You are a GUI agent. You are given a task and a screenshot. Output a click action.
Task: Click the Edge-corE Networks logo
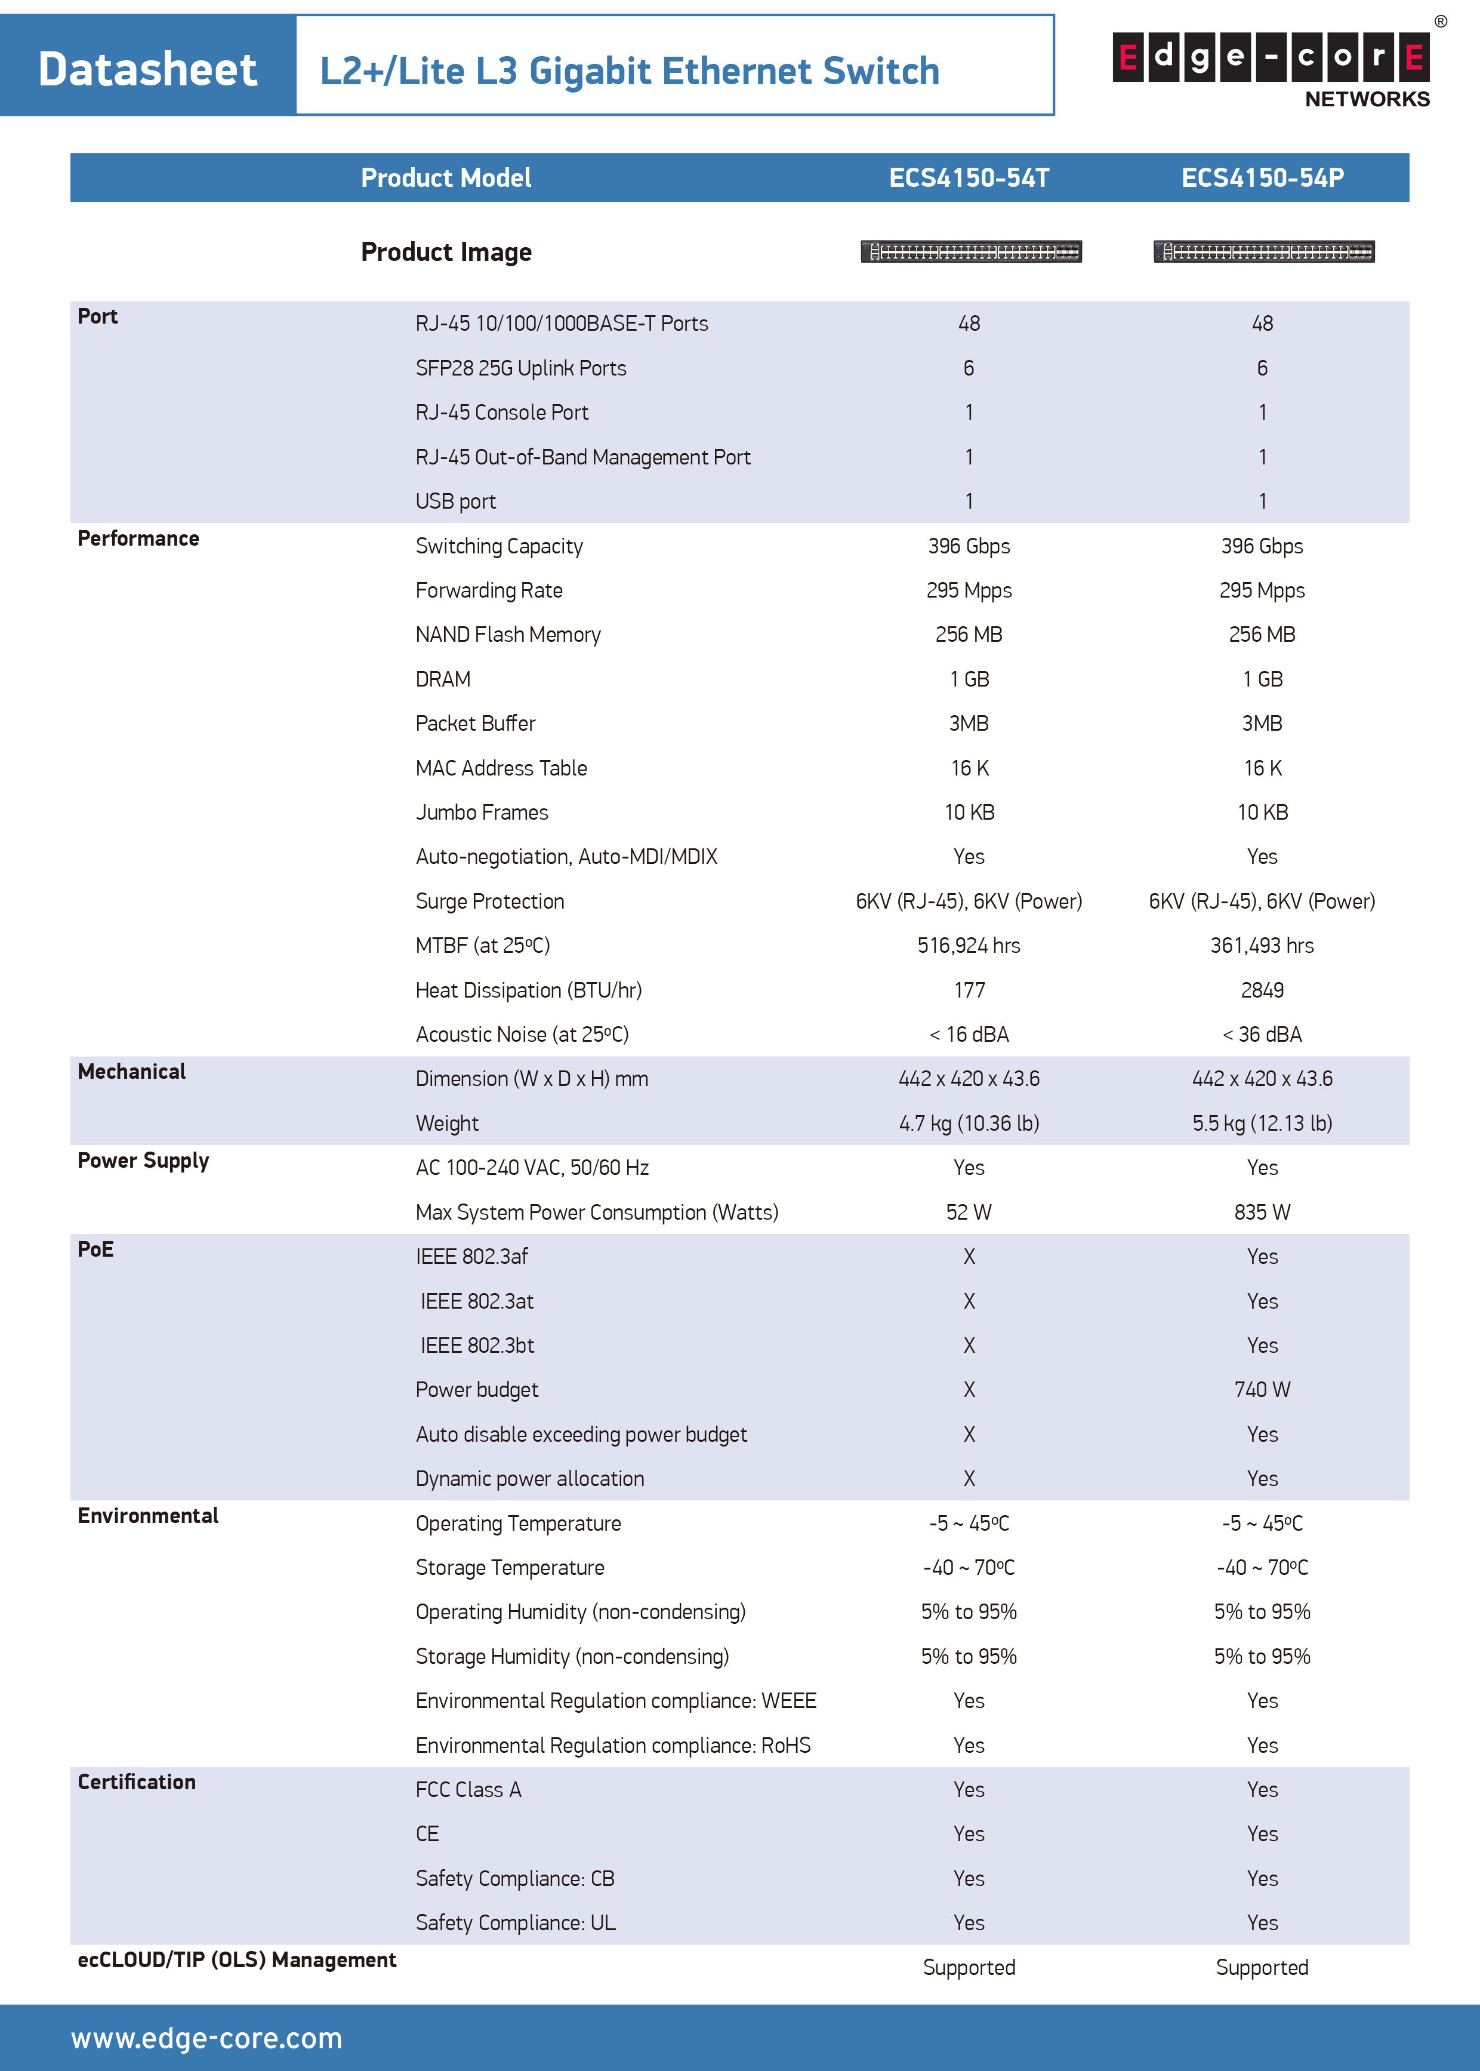1271,69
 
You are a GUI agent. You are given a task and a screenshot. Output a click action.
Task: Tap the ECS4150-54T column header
969,178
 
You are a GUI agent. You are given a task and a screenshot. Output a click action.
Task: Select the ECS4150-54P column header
1262,178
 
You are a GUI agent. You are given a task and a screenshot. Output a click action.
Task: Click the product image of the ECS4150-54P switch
1263,251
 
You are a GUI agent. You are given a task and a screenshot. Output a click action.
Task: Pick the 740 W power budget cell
1262,1390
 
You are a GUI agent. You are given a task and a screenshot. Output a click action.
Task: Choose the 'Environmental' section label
147,1516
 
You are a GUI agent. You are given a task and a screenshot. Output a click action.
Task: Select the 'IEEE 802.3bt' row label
477,1346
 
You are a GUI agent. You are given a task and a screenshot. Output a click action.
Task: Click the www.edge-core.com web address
207,2038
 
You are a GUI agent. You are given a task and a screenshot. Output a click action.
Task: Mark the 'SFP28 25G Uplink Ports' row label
521,368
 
